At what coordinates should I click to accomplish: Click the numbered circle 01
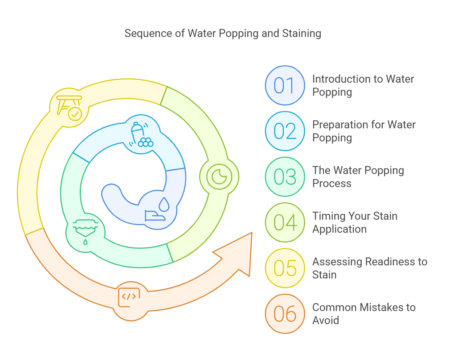tap(285, 86)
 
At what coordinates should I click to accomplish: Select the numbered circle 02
tap(285, 131)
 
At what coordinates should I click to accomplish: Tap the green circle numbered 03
tap(285, 177)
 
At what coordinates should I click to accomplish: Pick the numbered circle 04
tap(285, 222)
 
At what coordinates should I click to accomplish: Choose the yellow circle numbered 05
tap(285, 268)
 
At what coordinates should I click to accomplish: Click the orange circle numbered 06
tap(285, 314)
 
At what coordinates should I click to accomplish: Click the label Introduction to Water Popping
tap(363, 86)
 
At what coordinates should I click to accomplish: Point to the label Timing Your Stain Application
tap(355, 222)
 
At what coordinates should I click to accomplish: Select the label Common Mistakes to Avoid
tap(364, 314)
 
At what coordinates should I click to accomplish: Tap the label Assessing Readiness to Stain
tap(370, 268)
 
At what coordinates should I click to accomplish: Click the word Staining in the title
tap(301, 33)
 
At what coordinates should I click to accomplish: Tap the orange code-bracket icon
tap(129, 297)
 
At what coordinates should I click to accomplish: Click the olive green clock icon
tap(219, 177)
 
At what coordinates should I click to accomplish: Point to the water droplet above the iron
tap(164, 204)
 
